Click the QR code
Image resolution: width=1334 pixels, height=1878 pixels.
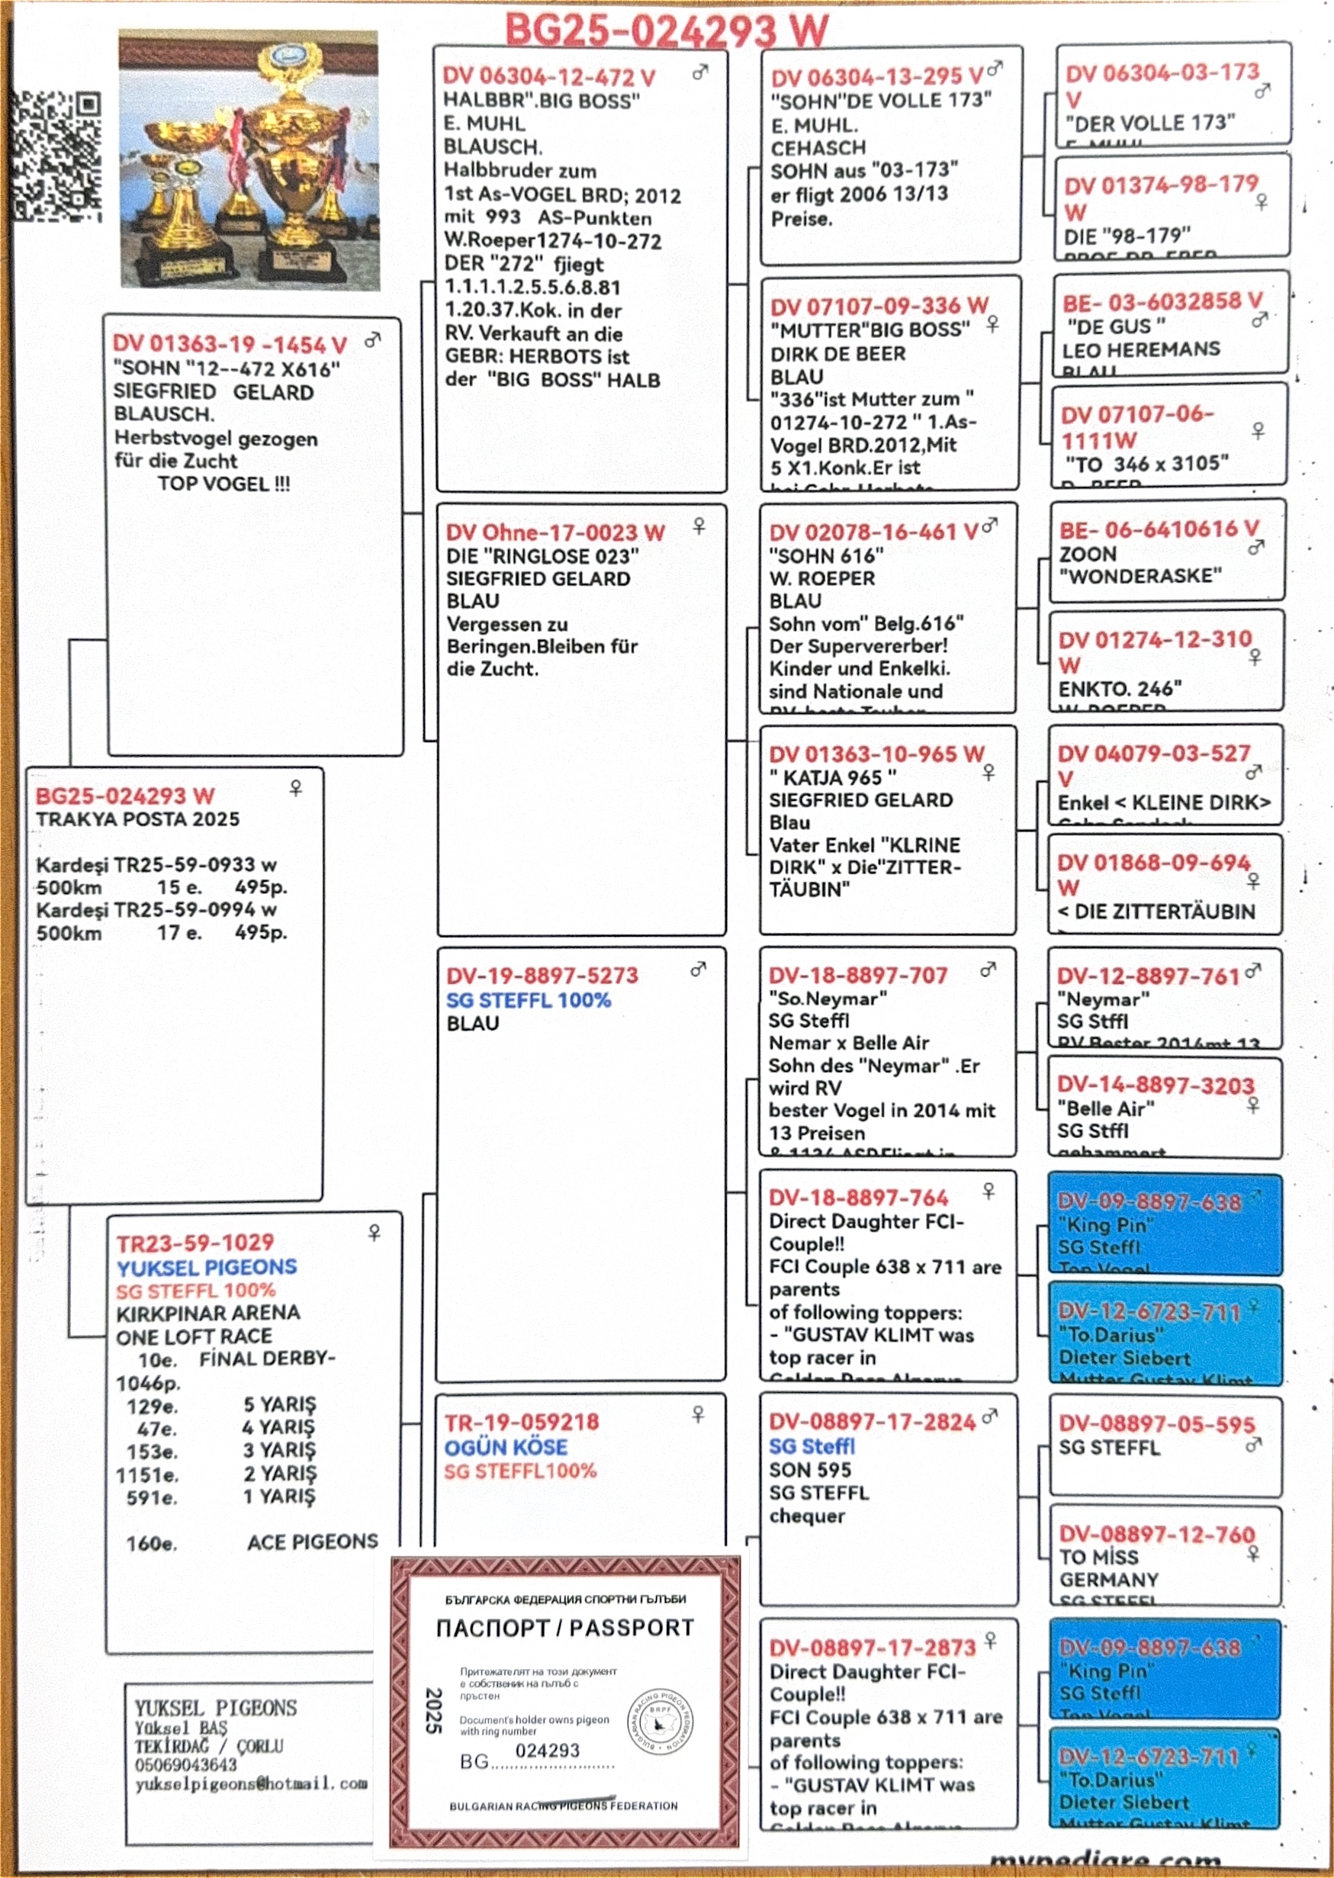(56, 156)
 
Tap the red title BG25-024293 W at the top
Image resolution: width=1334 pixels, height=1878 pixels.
(666, 31)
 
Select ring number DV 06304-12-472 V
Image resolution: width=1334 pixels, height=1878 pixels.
(548, 77)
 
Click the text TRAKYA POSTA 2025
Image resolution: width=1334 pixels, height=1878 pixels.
(137, 819)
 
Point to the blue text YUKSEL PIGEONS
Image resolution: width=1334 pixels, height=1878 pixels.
(206, 1267)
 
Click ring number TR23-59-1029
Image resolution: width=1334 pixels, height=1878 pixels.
(194, 1243)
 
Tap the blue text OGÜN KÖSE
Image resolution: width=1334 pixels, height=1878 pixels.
(505, 1447)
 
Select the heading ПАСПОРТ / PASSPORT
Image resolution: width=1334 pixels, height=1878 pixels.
(564, 1628)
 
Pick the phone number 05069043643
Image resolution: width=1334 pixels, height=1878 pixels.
(185, 1764)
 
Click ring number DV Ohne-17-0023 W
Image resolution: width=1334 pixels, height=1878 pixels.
(554, 532)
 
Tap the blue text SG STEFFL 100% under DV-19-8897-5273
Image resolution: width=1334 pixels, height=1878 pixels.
(528, 1000)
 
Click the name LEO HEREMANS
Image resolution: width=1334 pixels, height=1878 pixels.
(1140, 349)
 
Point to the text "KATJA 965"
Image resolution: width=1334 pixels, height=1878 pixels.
(832, 777)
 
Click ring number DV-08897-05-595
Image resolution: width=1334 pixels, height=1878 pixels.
(1156, 1425)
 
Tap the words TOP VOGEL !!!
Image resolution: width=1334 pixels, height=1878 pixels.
(223, 483)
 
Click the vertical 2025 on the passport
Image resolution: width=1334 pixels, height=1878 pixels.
(434, 1710)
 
